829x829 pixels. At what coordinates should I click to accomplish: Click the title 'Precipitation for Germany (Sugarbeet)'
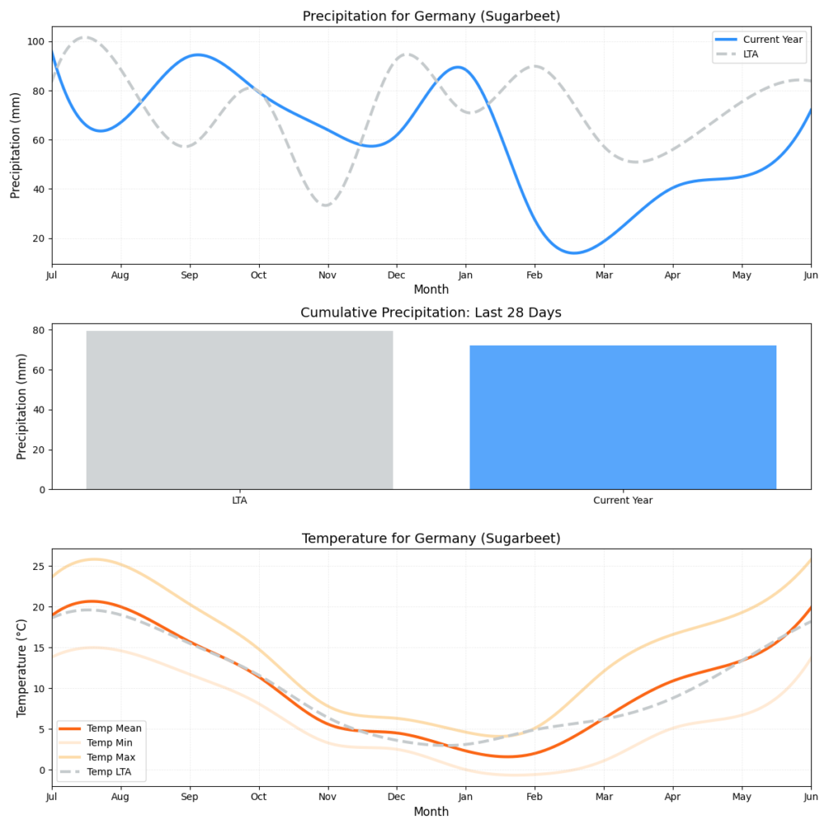(431, 16)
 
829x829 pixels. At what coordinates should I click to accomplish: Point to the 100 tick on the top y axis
(37, 41)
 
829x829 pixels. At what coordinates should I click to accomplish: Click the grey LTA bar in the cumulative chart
(240, 410)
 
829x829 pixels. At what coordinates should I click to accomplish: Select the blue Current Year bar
(623, 417)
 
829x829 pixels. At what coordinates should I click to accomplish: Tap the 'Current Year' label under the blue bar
(623, 500)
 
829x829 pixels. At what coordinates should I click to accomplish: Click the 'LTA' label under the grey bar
(240, 500)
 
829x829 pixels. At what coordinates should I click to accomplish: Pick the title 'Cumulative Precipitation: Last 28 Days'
(431, 312)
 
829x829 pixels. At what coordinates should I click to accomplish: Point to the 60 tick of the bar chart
(36, 370)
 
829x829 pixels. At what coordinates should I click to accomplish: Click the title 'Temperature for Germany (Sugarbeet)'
(431, 538)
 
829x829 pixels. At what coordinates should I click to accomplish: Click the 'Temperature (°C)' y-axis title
(22, 667)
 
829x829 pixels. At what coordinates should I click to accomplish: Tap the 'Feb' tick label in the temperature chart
(534, 798)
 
